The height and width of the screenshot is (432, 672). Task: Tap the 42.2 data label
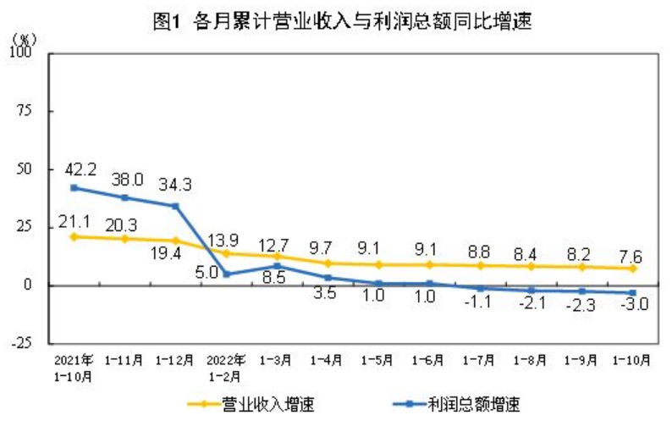tap(74, 167)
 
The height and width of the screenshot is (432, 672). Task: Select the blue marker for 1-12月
tap(175, 206)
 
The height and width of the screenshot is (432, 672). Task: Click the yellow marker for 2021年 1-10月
tap(74, 236)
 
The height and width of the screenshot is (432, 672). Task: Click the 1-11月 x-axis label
tap(125, 359)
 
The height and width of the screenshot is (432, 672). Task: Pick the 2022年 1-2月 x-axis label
tap(226, 365)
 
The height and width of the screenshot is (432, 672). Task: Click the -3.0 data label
tap(631, 305)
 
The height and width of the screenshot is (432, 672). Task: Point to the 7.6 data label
tap(632, 251)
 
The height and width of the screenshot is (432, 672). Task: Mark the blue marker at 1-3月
tap(277, 266)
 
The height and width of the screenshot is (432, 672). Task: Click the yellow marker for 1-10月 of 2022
tap(632, 269)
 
